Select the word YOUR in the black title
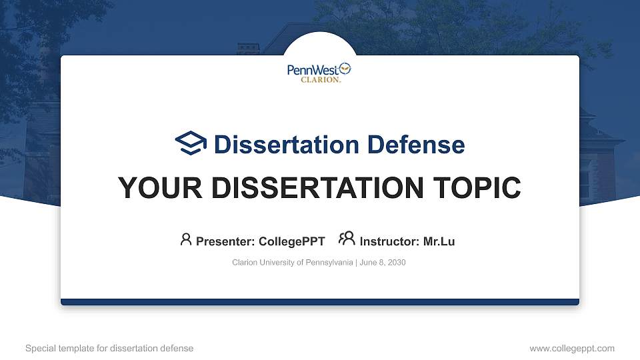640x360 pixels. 156,189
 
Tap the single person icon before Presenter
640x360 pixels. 186,239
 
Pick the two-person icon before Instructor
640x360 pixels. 346,238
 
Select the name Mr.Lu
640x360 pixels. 439,241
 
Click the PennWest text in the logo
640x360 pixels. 312,70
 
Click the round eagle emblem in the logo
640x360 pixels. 345,68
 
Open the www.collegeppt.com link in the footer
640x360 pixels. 572,348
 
